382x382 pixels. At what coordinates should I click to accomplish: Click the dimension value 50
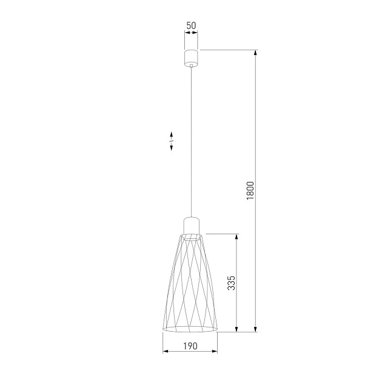click(191, 25)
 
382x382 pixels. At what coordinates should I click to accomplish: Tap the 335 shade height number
click(231, 283)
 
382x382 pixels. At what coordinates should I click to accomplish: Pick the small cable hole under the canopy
click(191, 62)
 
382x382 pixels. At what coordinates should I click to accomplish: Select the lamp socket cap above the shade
click(190, 224)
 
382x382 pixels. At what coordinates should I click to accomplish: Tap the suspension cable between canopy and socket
click(191, 139)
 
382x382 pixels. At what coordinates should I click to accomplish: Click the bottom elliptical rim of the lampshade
click(190, 330)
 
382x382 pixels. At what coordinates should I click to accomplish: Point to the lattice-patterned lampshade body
click(190, 285)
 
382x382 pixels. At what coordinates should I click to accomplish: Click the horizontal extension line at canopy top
click(227, 49)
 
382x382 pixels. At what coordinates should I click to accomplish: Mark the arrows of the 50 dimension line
click(191, 36)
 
